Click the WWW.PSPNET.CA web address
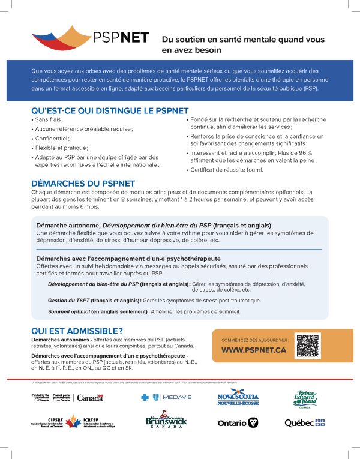click(253, 350)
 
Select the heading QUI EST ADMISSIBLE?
click(77, 331)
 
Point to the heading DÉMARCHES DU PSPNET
click(83, 183)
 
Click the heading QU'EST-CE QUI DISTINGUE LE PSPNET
click(110, 110)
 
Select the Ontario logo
click(238, 423)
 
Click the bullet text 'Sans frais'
click(49, 119)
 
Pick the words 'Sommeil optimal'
click(68, 311)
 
